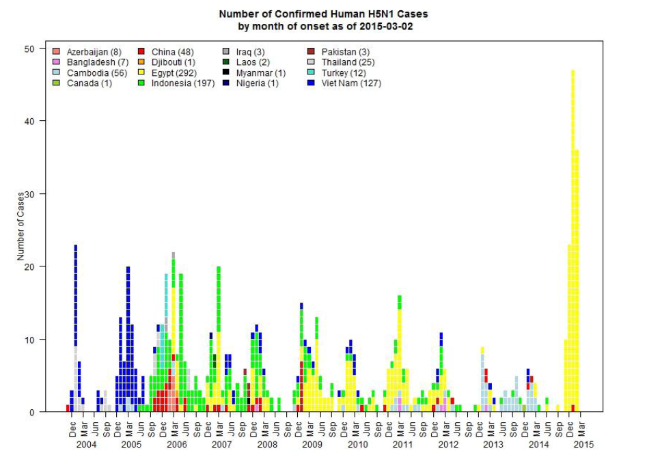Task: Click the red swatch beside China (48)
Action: point(141,52)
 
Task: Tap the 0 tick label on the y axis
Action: point(32,412)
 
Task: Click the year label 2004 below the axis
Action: point(86,444)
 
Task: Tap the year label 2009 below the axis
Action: point(312,444)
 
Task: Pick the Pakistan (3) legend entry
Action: point(345,52)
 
